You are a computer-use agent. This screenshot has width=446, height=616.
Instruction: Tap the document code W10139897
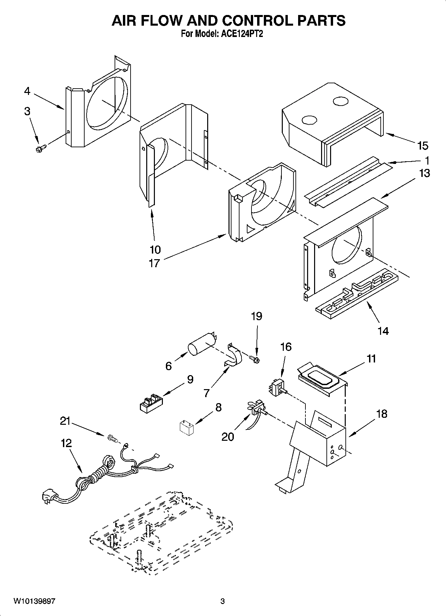(x=34, y=601)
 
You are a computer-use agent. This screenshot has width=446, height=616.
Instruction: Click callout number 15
(x=423, y=146)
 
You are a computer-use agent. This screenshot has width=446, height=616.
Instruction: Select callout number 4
(x=27, y=91)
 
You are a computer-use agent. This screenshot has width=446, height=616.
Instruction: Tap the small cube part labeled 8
(x=187, y=427)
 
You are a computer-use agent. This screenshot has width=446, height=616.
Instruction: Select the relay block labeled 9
(x=150, y=402)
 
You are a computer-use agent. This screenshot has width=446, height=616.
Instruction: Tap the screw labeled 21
(x=112, y=439)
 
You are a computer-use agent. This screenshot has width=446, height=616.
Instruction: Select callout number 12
(x=66, y=443)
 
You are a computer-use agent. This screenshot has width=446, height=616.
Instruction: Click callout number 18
(x=382, y=414)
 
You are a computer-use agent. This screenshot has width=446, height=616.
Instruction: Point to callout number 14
(x=383, y=331)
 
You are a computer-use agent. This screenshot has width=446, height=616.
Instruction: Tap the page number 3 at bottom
(x=223, y=601)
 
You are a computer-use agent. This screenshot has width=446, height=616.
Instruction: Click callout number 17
(x=154, y=263)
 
